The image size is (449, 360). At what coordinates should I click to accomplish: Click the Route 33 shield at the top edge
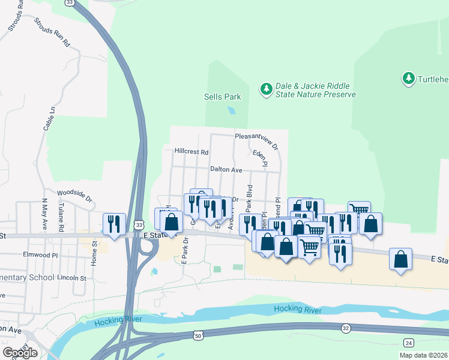click(x=71, y=3)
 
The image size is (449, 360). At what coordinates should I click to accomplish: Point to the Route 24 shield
click(x=408, y=343)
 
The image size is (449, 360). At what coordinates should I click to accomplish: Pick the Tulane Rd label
click(x=61, y=217)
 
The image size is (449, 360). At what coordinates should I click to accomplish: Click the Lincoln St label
click(x=72, y=278)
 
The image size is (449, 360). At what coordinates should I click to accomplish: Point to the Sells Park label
click(x=222, y=97)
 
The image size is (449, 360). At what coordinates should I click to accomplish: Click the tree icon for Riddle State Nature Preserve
click(x=266, y=89)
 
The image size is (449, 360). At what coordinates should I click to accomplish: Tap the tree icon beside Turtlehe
click(x=409, y=79)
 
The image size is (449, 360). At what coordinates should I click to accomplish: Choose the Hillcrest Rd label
click(x=191, y=152)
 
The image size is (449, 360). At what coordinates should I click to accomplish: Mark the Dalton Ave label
click(x=226, y=170)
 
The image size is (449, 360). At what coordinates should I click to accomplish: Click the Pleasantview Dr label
click(x=257, y=140)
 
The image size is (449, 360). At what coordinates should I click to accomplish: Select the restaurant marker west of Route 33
click(x=114, y=223)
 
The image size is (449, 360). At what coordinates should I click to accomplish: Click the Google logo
click(x=20, y=353)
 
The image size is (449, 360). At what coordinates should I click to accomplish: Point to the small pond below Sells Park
click(x=231, y=110)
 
